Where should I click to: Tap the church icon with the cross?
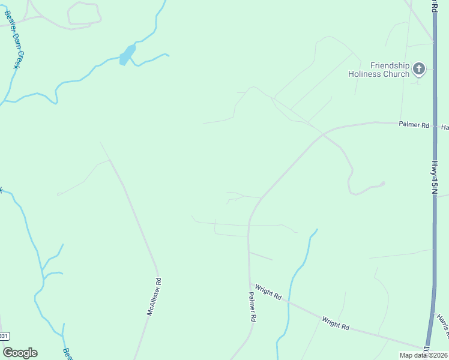click(x=419, y=70)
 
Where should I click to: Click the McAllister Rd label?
click(x=155, y=296)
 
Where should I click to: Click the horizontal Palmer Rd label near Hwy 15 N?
click(x=414, y=125)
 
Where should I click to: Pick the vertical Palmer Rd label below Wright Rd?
click(x=253, y=307)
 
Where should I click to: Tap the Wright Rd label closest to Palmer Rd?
click(x=268, y=292)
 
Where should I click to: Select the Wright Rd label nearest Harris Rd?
click(x=335, y=323)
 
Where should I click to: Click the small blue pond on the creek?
click(x=126, y=56)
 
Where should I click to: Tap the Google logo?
click(x=20, y=353)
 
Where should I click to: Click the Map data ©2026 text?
click(x=423, y=355)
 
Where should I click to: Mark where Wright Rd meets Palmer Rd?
click(x=249, y=284)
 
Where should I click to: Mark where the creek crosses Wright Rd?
click(x=289, y=302)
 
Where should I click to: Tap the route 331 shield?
click(x=4, y=337)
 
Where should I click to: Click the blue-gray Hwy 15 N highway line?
click(x=433, y=240)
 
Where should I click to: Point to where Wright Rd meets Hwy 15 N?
click(x=427, y=348)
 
